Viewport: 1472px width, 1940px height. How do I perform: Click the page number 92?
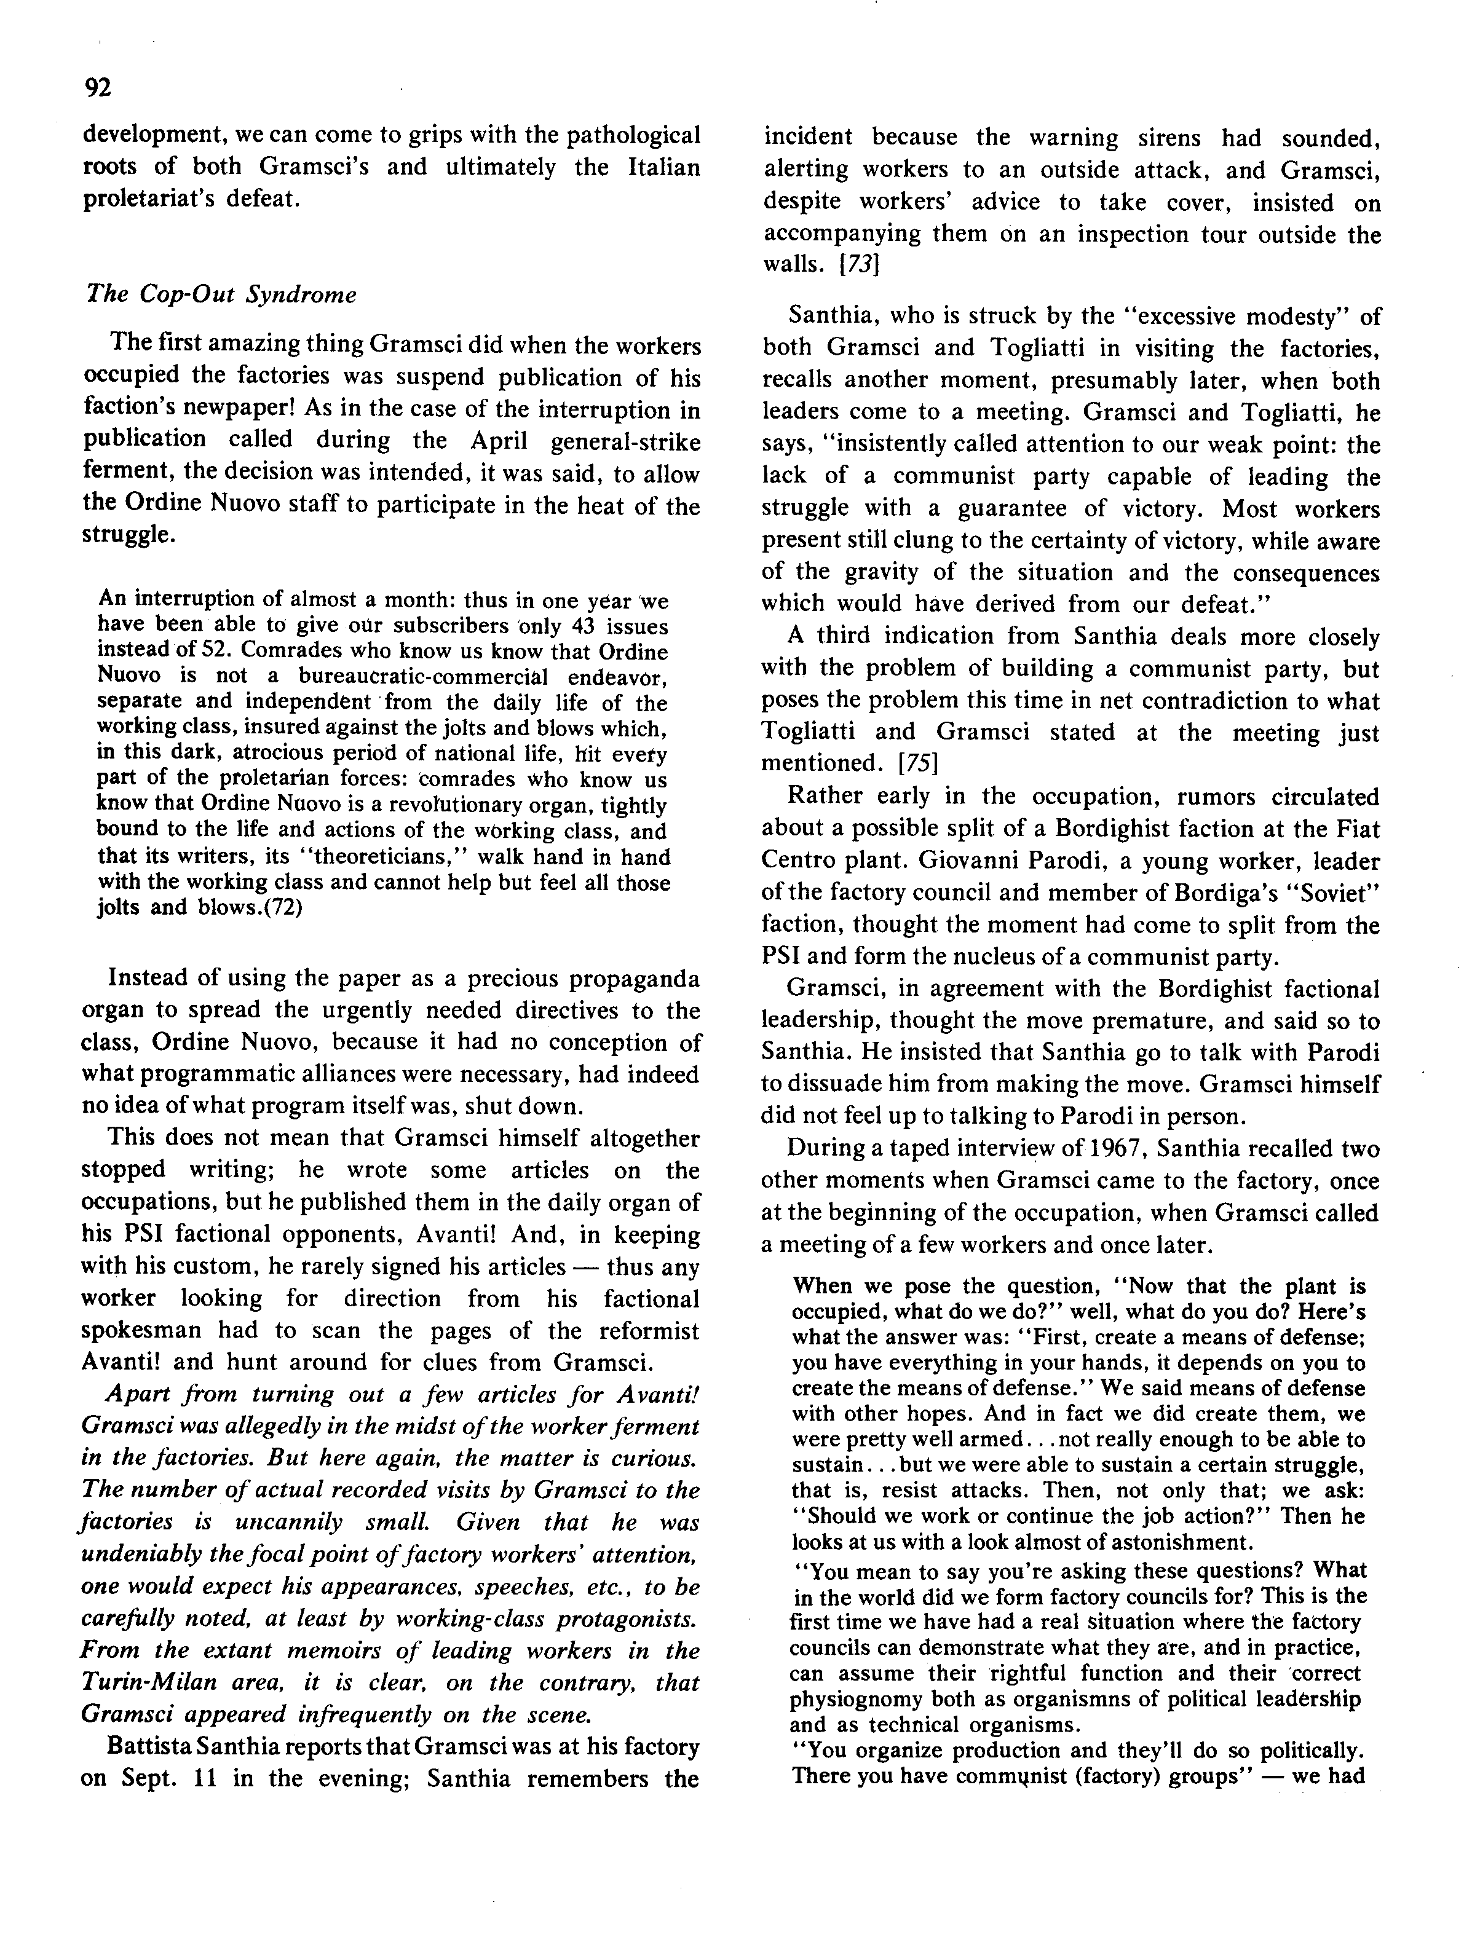[x=97, y=88]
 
